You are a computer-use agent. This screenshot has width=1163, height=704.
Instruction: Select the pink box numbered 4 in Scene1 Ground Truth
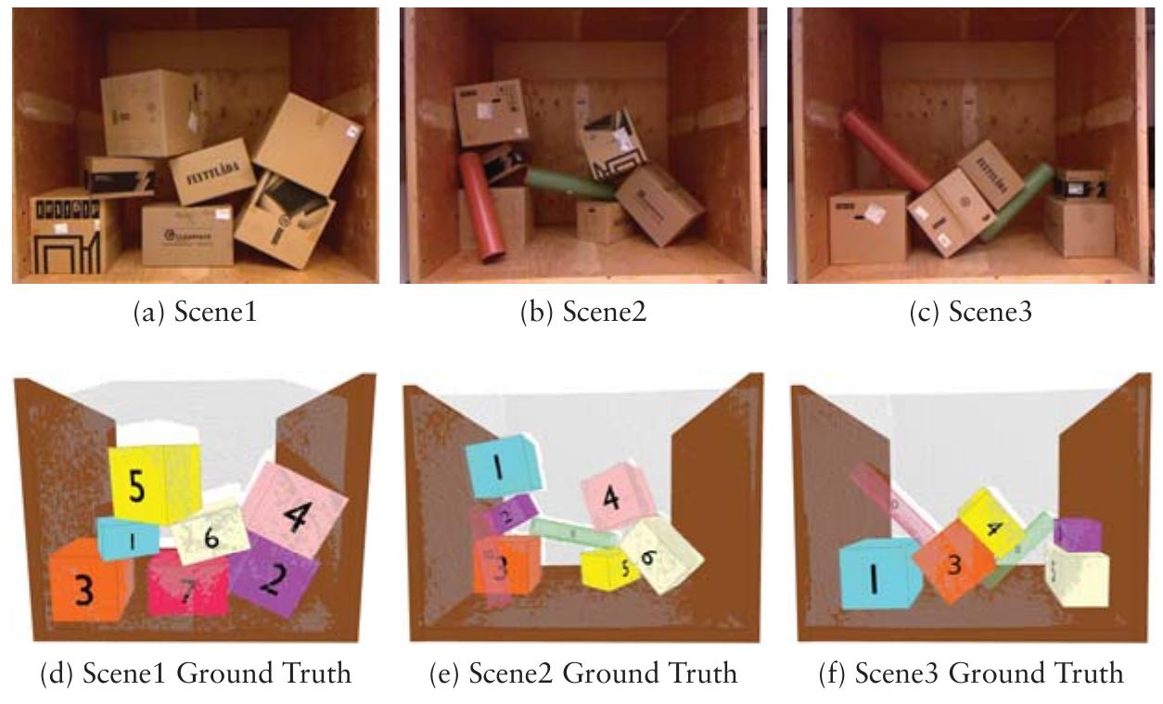pyautogui.click(x=295, y=508)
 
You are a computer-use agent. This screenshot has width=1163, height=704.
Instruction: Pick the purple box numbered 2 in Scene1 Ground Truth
pyautogui.click(x=272, y=574)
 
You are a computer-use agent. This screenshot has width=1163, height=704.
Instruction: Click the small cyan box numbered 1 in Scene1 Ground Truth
pyautogui.click(x=128, y=540)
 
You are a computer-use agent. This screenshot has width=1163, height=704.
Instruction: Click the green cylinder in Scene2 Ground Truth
pyautogui.click(x=573, y=533)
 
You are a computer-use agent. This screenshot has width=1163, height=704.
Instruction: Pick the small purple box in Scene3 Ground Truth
pyautogui.click(x=1076, y=535)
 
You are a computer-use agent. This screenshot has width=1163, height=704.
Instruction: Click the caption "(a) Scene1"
pyautogui.click(x=196, y=313)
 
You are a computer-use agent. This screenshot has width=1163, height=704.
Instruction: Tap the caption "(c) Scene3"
pyautogui.click(x=970, y=313)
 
